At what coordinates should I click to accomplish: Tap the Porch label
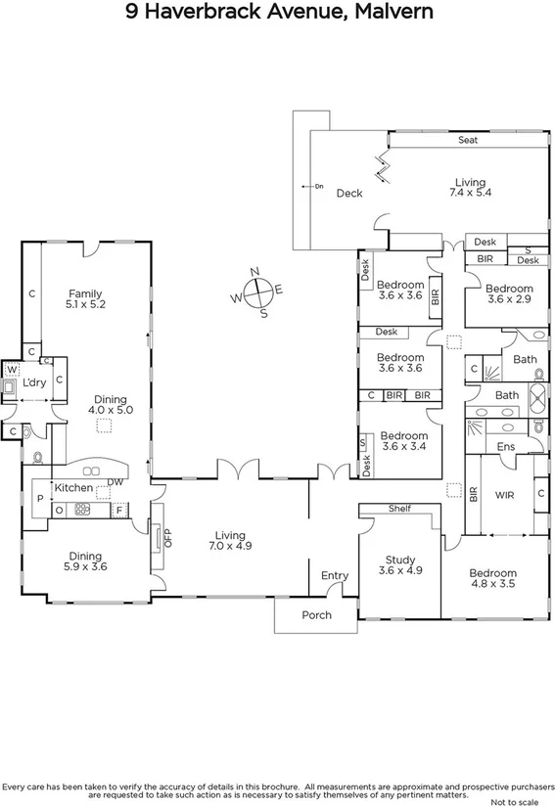coord(316,615)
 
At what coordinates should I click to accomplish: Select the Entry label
coord(335,576)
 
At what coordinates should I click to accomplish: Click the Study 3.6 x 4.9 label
coord(399,564)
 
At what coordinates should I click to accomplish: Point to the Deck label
coord(349,193)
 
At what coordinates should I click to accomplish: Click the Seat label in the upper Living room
coord(468,141)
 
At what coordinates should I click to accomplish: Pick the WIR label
coord(504,496)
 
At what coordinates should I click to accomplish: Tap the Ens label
coord(506,446)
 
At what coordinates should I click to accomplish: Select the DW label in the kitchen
coord(116,481)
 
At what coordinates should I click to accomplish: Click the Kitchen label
coord(73,488)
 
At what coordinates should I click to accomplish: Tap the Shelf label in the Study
coord(398,509)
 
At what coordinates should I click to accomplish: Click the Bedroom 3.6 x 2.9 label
coord(509,295)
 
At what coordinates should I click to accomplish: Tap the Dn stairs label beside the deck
coord(319,185)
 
